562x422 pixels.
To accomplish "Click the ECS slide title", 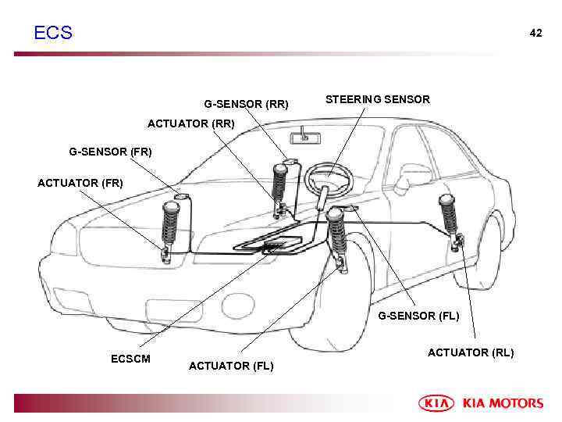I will pos(53,33).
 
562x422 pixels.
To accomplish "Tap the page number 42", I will pos(535,33).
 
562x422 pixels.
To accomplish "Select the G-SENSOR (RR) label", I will pos(246,104).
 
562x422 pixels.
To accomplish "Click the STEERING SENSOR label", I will pos(377,99).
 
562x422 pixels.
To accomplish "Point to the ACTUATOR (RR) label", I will pos(190,123).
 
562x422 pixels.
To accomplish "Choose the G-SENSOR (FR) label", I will pos(110,152).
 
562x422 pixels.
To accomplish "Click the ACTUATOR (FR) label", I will pos(80,183).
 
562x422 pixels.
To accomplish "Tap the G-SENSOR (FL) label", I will pos(418,316).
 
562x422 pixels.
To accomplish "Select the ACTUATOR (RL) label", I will pos(471,352).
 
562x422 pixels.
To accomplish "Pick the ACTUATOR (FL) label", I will pos(231,366).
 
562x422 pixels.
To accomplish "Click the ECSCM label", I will pos(130,359).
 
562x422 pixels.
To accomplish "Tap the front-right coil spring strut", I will pos(169,225).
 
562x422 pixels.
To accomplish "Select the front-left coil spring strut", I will pos(336,233).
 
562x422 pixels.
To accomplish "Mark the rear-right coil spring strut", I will pos(279,184).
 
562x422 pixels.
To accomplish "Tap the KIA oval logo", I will pos(436,403).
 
